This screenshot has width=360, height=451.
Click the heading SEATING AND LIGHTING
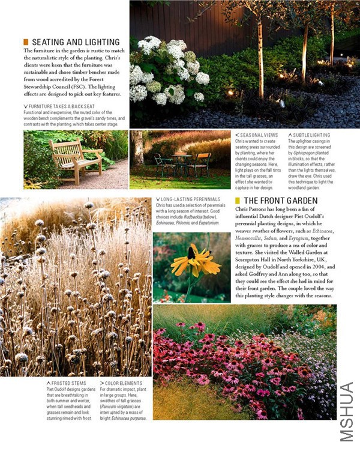(x=76, y=42)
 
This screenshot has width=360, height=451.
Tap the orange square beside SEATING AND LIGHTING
(x=26, y=42)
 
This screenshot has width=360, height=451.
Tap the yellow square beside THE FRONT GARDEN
(x=238, y=201)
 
